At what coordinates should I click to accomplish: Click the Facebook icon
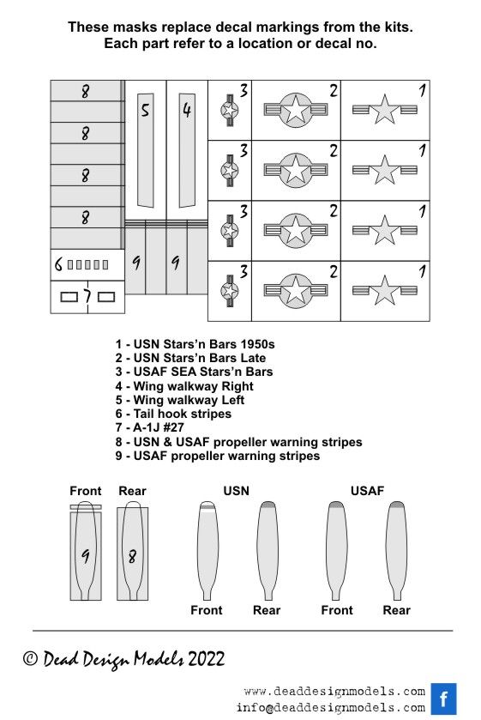click(443, 699)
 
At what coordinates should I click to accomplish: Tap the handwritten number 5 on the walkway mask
click(145, 110)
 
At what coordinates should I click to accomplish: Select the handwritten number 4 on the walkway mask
click(186, 110)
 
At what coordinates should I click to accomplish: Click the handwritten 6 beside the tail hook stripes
click(58, 264)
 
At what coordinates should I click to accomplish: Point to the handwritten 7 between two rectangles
click(87, 297)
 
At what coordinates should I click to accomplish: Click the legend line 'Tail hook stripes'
click(173, 414)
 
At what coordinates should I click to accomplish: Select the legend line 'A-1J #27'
click(150, 427)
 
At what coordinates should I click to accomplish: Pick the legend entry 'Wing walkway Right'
click(184, 385)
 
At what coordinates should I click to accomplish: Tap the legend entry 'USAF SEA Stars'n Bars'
click(194, 372)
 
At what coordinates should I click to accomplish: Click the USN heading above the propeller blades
click(236, 491)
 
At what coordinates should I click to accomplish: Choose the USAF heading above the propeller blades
click(367, 491)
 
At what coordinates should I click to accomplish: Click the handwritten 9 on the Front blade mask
click(86, 556)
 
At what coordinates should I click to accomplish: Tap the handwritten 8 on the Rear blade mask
click(132, 557)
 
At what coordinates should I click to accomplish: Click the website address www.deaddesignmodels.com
click(334, 691)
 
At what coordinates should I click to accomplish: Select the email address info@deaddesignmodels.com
click(331, 708)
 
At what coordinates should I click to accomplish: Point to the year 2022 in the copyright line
click(206, 659)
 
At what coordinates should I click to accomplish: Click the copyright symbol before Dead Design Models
click(30, 659)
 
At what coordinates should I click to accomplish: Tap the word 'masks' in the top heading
click(135, 27)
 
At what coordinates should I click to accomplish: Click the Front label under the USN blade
click(207, 610)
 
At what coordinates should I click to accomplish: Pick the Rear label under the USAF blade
click(397, 610)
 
